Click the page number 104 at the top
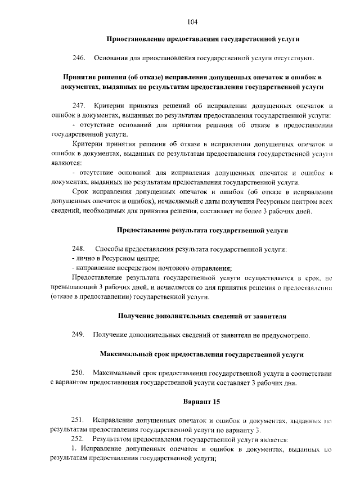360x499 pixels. pyautogui.click(x=192, y=22)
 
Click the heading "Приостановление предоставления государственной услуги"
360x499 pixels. pyautogui.click(x=203, y=39)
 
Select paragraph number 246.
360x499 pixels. pyautogui.click(x=78, y=58)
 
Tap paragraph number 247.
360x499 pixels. pyautogui.click(x=78, y=106)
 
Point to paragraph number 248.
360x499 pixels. pyautogui.click(x=78, y=249)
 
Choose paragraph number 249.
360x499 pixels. pyautogui.click(x=78, y=335)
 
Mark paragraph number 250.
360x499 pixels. pyautogui.click(x=78, y=373)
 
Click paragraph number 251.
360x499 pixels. pyautogui.click(x=78, y=420)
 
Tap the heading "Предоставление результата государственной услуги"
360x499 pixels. pyautogui.click(x=202, y=230)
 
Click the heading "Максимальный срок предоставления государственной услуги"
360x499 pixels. pyautogui.click(x=202, y=354)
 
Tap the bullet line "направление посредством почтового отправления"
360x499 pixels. pyautogui.click(x=152, y=268)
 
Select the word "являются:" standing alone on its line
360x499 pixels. pyautogui.click(x=66, y=162)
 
